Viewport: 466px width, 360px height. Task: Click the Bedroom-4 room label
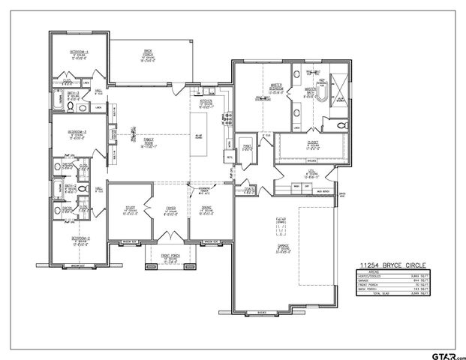click(x=79, y=53)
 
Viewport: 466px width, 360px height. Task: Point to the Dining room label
click(x=206, y=211)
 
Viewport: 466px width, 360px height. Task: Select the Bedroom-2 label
click(x=80, y=239)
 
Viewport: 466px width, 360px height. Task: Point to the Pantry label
click(x=245, y=147)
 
